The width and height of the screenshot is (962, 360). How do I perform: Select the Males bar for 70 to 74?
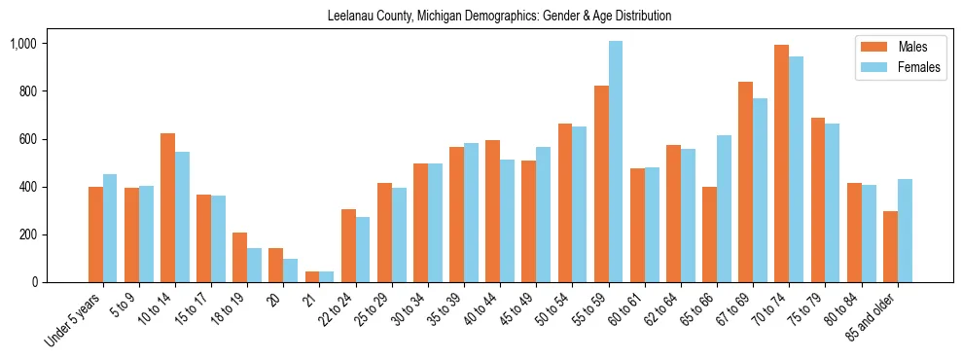tap(782, 163)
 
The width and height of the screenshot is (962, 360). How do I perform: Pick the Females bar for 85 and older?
tap(905, 231)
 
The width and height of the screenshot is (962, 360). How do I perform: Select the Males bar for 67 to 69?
tap(745, 182)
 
